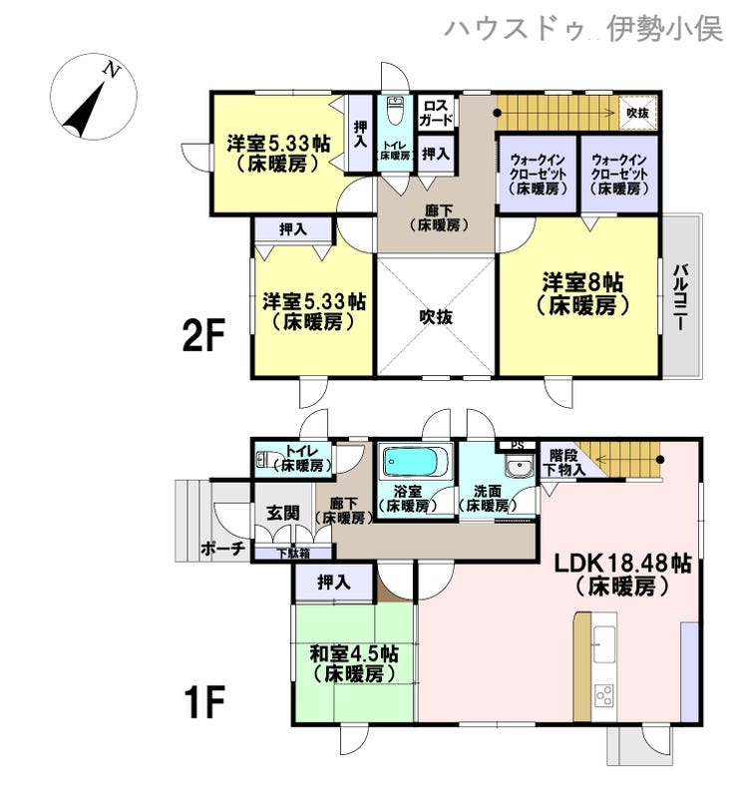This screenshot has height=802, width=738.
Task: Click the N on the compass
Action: [112, 70]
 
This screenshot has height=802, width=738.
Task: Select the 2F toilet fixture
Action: [394, 110]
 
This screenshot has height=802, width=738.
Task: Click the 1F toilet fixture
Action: [266, 459]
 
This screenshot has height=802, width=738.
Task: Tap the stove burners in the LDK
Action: [604, 695]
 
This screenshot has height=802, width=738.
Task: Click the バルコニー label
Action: [680, 297]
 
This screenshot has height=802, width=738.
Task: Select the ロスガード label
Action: [436, 113]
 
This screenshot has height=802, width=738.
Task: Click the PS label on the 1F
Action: [518, 445]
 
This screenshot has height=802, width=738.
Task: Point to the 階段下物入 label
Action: [564, 462]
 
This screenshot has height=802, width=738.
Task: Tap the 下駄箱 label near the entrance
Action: [293, 553]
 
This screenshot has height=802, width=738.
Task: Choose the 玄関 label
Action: [283, 513]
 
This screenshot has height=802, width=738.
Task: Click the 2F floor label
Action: [203, 335]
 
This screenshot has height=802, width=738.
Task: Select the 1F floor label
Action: [204, 703]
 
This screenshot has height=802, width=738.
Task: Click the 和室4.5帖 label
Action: [354, 654]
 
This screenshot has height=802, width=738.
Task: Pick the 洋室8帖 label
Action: [582, 282]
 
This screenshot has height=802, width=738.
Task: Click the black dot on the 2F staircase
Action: [497, 113]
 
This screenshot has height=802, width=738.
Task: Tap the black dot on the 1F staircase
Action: [661, 459]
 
